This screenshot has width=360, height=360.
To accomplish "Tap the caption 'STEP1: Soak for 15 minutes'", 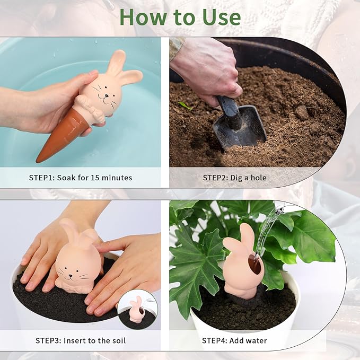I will click(x=81, y=178).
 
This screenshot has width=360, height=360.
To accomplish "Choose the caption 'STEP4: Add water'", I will click(x=234, y=340).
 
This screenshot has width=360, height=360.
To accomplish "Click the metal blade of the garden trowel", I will click(x=240, y=128).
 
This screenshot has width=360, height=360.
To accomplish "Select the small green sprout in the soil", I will click(x=185, y=106).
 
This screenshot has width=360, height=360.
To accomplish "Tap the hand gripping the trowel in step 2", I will click(x=212, y=69).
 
